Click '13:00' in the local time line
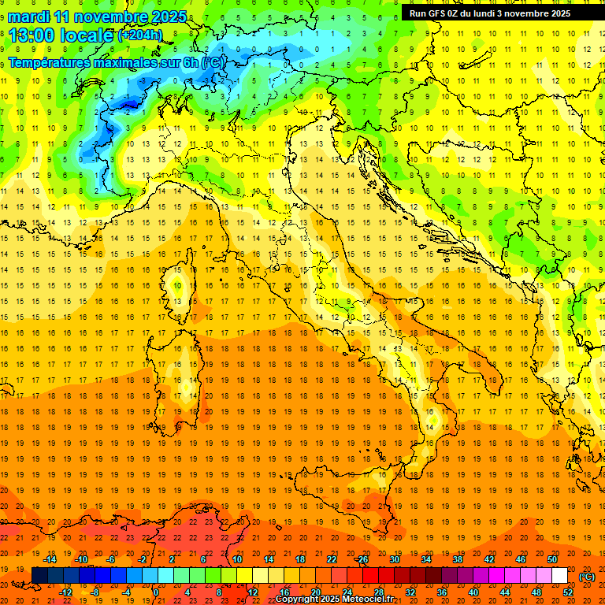pos(32,35)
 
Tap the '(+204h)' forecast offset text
pos(140,35)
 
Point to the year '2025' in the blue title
pos(167,16)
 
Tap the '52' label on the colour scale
pos(568,592)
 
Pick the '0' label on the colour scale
pos(156,592)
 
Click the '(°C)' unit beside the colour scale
pos(587,577)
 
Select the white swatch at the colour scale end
pos(559,576)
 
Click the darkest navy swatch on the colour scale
pos(39,576)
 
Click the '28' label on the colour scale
pos(378,592)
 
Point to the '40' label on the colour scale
pos(473,592)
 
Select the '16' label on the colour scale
pos(284,592)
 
